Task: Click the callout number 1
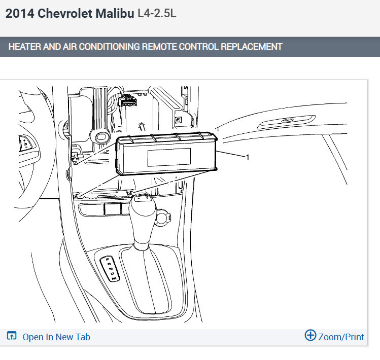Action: point(248,158)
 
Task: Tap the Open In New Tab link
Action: point(56,337)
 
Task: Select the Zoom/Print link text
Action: point(341,337)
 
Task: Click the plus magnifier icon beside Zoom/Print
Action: point(310,335)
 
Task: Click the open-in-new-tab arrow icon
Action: point(12,336)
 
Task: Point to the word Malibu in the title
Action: point(115,13)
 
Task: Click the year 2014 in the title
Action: point(20,13)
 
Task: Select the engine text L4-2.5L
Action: point(157,13)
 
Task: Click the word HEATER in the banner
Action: point(25,47)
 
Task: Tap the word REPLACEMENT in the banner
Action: point(252,47)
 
